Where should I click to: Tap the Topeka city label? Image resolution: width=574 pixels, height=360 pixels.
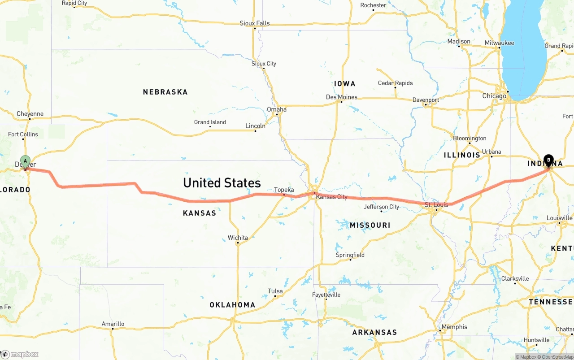click(284, 190)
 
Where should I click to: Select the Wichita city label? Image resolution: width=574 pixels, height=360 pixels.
click(238, 238)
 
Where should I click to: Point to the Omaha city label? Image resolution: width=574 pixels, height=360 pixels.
click(277, 109)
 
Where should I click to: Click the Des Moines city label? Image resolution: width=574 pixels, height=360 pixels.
click(342, 97)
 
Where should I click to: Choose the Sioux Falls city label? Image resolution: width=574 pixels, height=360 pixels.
click(255, 23)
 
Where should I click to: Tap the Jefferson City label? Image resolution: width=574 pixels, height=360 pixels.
click(382, 207)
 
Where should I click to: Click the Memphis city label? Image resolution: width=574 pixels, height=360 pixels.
click(454, 327)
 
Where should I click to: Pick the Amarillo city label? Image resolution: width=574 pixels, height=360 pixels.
click(113, 324)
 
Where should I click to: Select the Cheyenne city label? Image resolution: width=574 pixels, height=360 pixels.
click(30, 114)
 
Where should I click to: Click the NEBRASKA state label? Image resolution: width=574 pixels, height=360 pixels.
click(165, 92)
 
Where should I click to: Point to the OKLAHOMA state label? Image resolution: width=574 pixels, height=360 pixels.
click(232, 305)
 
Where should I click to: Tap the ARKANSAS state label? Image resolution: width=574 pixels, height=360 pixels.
click(374, 332)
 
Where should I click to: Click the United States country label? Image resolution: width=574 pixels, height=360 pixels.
click(222, 183)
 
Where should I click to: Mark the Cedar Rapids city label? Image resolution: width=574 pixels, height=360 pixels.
click(396, 83)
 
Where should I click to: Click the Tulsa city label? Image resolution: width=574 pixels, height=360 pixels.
click(275, 291)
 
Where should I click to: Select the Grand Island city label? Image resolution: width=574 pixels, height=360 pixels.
click(210, 122)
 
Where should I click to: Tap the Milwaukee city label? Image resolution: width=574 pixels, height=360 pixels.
click(499, 43)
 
